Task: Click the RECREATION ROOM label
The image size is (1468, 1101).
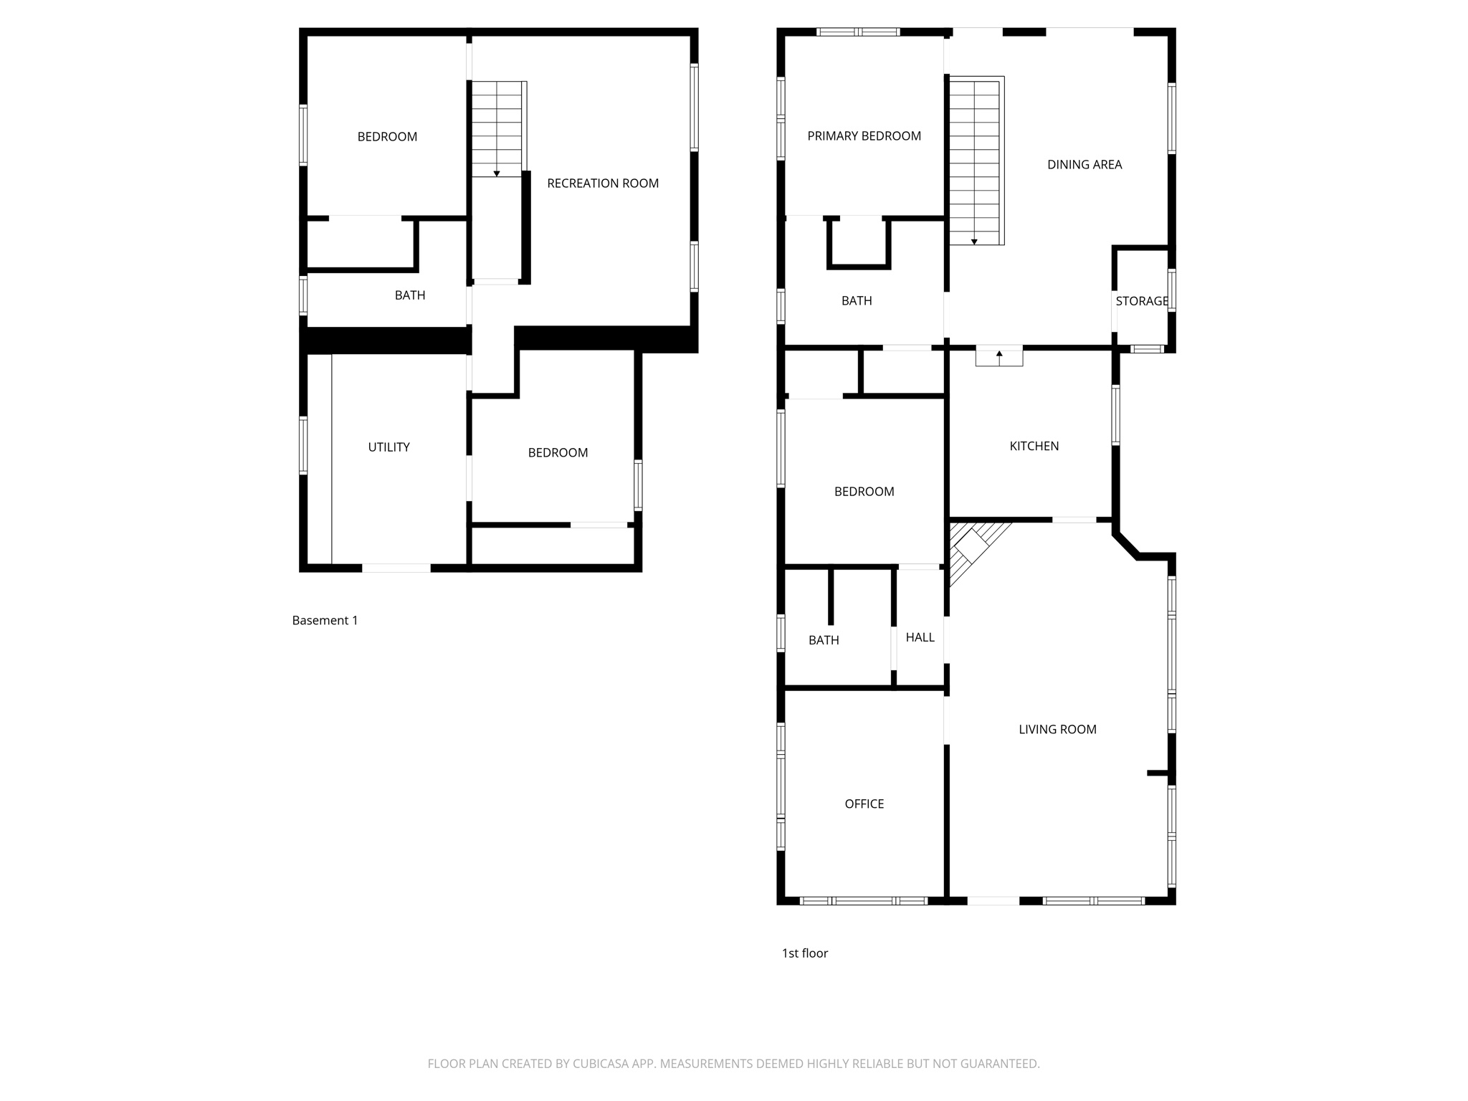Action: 602,183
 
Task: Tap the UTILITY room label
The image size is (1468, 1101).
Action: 389,447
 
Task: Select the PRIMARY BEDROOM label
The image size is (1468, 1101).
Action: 864,136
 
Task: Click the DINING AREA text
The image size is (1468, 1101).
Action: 1084,165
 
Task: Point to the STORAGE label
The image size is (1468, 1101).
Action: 1141,301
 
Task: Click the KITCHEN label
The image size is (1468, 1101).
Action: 1034,446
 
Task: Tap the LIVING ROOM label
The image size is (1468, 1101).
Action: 1057,730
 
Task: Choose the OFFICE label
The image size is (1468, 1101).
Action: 864,804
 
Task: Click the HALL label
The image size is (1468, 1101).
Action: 920,637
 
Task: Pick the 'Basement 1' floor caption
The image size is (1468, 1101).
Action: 325,621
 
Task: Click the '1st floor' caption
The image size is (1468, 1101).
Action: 804,953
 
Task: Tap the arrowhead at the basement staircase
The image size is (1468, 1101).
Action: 496,174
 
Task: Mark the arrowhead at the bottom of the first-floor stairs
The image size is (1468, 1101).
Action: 974,242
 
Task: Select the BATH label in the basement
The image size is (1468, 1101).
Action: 410,295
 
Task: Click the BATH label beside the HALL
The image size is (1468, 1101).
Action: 824,640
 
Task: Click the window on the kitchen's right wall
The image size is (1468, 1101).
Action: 1115,416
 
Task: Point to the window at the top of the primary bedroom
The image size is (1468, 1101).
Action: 858,32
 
